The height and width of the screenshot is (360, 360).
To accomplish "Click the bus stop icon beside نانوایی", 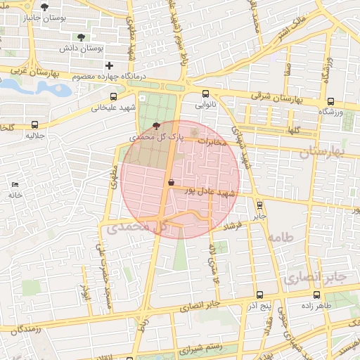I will pos(205,94).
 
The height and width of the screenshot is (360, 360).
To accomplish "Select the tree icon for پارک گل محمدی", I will pos(156,126).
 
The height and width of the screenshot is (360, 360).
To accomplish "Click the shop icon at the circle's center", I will pos(172,182).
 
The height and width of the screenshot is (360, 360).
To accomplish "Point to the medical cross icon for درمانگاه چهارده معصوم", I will pos(109,65).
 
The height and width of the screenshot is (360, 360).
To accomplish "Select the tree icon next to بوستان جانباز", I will pos(46,7).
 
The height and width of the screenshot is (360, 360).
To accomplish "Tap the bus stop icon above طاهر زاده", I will pos(328,295).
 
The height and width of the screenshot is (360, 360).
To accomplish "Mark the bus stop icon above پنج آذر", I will pos(260,295).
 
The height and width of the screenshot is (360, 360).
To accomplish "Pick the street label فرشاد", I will pos(231,226).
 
